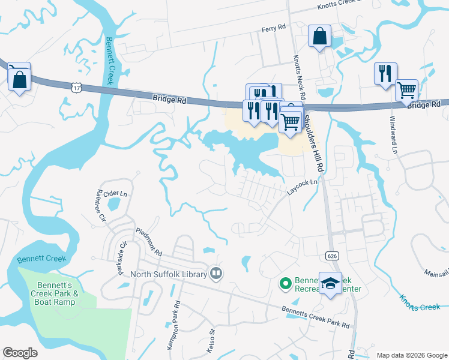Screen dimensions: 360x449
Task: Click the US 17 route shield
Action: (x=76, y=88)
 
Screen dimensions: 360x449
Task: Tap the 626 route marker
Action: (x=331, y=256)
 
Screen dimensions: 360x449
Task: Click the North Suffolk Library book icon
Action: (x=216, y=274)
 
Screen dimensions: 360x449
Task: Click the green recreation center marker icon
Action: (x=286, y=282)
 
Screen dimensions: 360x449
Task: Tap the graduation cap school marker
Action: (x=330, y=284)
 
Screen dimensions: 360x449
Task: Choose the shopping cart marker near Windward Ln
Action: (x=407, y=91)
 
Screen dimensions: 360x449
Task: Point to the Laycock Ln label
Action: (x=301, y=188)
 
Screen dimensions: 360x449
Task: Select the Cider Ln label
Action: (x=116, y=194)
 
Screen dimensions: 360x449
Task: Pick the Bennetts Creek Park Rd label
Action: (x=316, y=316)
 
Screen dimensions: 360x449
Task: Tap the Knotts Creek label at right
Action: (x=420, y=307)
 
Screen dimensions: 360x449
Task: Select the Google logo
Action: (x=20, y=353)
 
